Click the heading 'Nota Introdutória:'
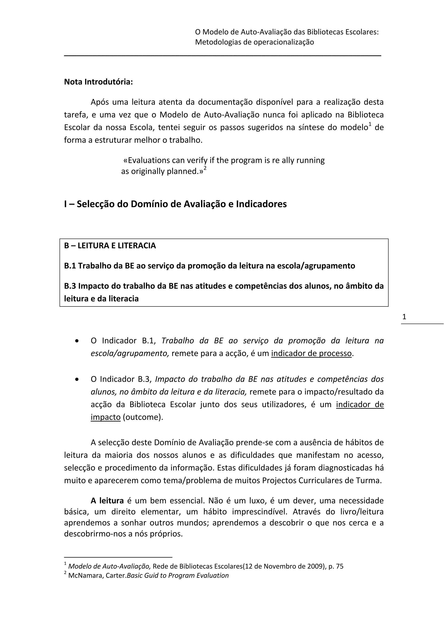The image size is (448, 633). pos(98,82)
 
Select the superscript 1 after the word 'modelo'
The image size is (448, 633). pos(370,125)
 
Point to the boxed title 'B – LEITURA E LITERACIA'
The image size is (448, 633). pos(110,246)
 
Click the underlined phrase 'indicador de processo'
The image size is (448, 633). pos(311,353)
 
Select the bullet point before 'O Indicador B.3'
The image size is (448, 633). pos(77,380)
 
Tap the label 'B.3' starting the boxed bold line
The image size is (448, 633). pos(70,286)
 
